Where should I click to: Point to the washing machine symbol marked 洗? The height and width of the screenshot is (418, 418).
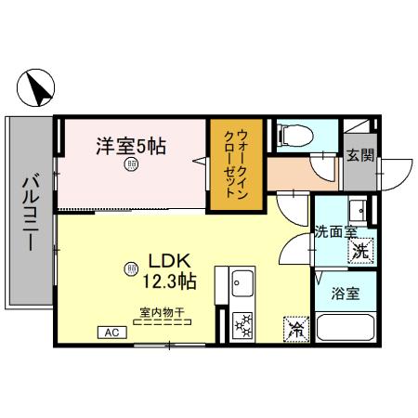pyautogui.click(x=359, y=248)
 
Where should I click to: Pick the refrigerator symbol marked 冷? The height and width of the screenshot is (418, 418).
pyautogui.click(x=294, y=329)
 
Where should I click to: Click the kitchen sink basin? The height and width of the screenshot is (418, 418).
pyautogui.click(x=244, y=281)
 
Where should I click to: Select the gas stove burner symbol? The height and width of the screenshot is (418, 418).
pyautogui.click(x=244, y=325)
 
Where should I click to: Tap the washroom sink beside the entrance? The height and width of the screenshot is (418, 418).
pyautogui.click(x=359, y=207)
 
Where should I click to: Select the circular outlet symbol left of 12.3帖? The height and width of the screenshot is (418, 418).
pyautogui.click(x=130, y=269)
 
